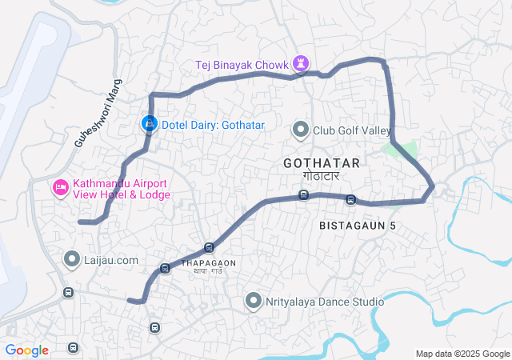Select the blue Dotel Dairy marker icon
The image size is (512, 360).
click(x=149, y=124)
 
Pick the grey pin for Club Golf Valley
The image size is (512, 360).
click(x=301, y=130)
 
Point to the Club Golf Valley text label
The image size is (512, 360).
click(x=351, y=130)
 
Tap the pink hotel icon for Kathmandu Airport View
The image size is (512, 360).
click(x=59, y=187)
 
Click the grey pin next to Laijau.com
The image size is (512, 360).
click(x=72, y=259)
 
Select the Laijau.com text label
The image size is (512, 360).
click(x=112, y=260)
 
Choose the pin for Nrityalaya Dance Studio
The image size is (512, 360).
click(x=254, y=302)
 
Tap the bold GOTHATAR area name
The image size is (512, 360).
click(x=321, y=163)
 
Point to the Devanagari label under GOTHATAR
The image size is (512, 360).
click(x=321, y=175)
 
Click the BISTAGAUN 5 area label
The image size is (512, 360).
click(x=358, y=226)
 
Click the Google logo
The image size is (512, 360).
click(x=26, y=350)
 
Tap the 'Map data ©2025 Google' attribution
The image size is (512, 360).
click(x=462, y=354)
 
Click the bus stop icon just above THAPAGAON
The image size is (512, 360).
click(x=209, y=248)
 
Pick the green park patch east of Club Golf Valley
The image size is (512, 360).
click(x=403, y=150)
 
